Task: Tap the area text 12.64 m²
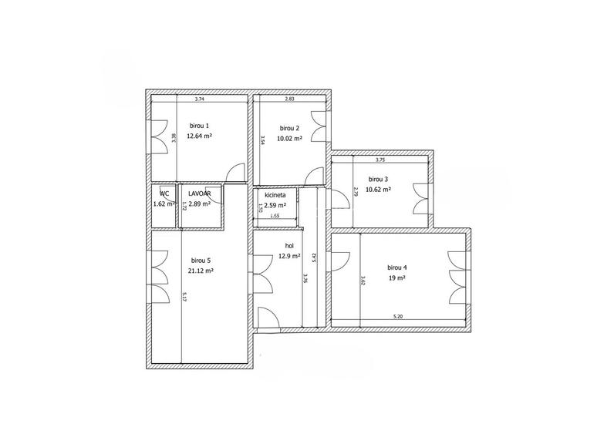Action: pos(199,136)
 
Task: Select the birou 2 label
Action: pos(289,128)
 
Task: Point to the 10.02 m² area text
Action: pos(289,139)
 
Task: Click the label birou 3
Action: pos(378,179)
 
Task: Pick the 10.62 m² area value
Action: pos(378,190)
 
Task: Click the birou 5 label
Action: pos(201,261)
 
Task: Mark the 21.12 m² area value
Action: pos(201,271)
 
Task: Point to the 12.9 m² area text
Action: pos(289,256)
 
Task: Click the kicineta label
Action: pos(275,196)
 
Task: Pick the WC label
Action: pos(164,193)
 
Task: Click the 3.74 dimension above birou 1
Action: pos(199,99)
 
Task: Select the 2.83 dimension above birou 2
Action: pos(289,99)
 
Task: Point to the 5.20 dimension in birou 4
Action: pos(398,316)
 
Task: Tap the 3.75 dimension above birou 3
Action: pos(380,160)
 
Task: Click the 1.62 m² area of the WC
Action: pos(163,204)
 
